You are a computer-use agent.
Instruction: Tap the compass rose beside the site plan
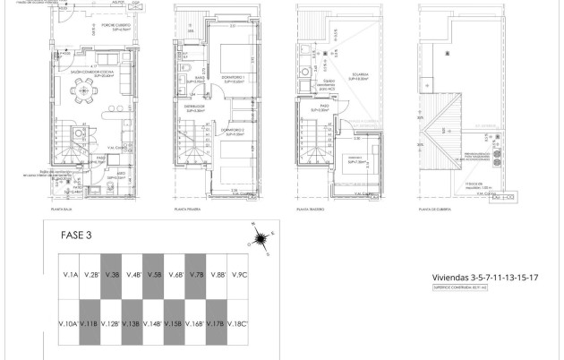pyautogui.click(x=261, y=237)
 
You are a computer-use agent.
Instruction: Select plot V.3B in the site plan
pyautogui.click(x=111, y=275)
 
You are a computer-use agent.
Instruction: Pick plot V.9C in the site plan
pyautogui.click(x=237, y=275)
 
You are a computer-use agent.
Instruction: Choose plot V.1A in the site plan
pyautogui.click(x=69, y=275)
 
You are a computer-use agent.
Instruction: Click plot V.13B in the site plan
pyautogui.click(x=132, y=323)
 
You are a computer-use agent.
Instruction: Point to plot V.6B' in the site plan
pyautogui.click(x=174, y=275)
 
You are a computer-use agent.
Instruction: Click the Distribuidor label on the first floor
pyautogui.click(x=195, y=106)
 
